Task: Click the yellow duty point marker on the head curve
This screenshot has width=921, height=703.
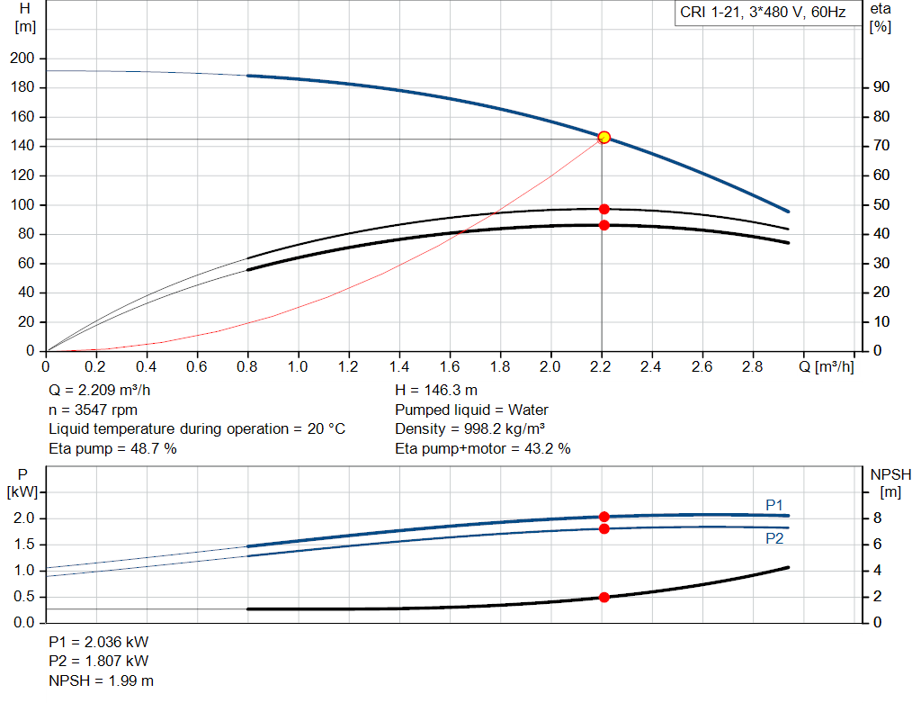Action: click(x=604, y=138)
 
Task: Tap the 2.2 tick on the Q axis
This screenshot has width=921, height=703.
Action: click(x=602, y=367)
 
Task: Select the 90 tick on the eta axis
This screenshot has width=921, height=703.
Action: click(x=881, y=87)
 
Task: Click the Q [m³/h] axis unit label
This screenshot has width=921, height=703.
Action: click(x=824, y=367)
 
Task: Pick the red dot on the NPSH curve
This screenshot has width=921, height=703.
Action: click(x=604, y=597)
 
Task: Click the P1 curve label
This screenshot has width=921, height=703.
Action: click(x=774, y=505)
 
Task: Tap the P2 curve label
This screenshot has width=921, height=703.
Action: click(x=774, y=538)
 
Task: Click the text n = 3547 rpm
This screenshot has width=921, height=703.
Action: click(x=93, y=410)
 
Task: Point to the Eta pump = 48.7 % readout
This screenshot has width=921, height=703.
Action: click(x=112, y=447)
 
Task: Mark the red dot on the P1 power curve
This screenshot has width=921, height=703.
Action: click(x=604, y=517)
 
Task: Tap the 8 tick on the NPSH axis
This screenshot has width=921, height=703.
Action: click(x=881, y=518)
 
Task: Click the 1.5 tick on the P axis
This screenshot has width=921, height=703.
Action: click(x=24, y=545)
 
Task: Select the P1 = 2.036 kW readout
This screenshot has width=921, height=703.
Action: click(x=98, y=643)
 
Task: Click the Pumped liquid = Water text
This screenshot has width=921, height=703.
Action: click(x=471, y=410)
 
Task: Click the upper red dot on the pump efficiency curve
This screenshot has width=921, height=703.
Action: click(x=604, y=209)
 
